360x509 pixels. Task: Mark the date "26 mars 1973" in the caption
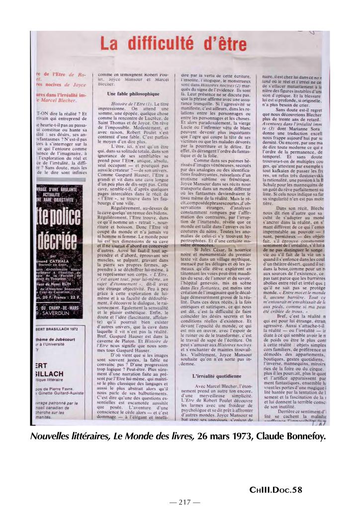point(238,437)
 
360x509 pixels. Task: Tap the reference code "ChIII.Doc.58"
point(282,490)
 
